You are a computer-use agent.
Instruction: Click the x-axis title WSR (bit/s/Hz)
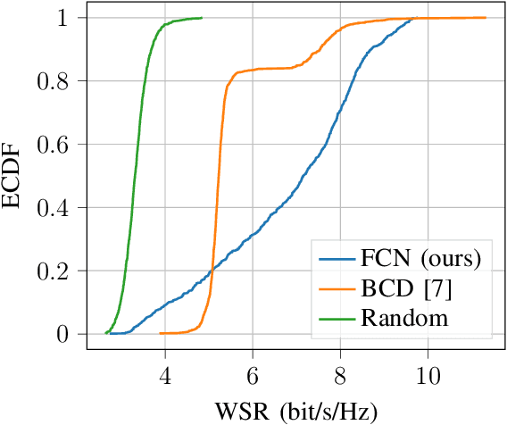pos(295,412)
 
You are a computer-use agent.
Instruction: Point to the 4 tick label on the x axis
pos(165,376)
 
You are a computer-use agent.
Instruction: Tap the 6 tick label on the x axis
pos(253,376)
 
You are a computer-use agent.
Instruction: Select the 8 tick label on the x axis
pos(340,376)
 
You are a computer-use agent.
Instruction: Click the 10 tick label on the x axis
pos(428,376)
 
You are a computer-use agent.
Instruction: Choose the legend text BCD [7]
pos(403,288)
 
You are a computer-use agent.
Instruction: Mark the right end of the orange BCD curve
pos(486,17)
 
